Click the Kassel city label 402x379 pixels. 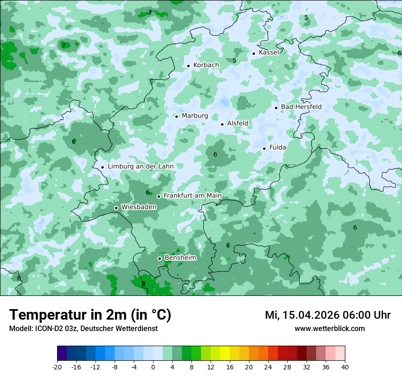[269, 53]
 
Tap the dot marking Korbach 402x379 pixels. [188, 66]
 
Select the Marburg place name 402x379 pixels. [195, 116]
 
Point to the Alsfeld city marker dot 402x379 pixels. [222, 124]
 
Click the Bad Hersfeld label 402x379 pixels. [301, 107]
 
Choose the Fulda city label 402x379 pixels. [278, 147]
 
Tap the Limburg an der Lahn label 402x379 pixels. [140, 167]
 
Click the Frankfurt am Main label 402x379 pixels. [192, 196]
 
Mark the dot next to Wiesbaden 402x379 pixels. [116, 208]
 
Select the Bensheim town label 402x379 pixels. [180, 258]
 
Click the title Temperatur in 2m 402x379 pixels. [90, 315]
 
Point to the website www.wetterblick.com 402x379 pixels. [329, 329]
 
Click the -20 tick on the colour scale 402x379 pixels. [57, 367]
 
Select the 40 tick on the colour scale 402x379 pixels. [345, 367]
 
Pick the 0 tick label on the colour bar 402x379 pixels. [153, 367]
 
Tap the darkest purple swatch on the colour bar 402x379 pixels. [62, 353]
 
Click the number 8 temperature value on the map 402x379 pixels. [143, 284]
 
